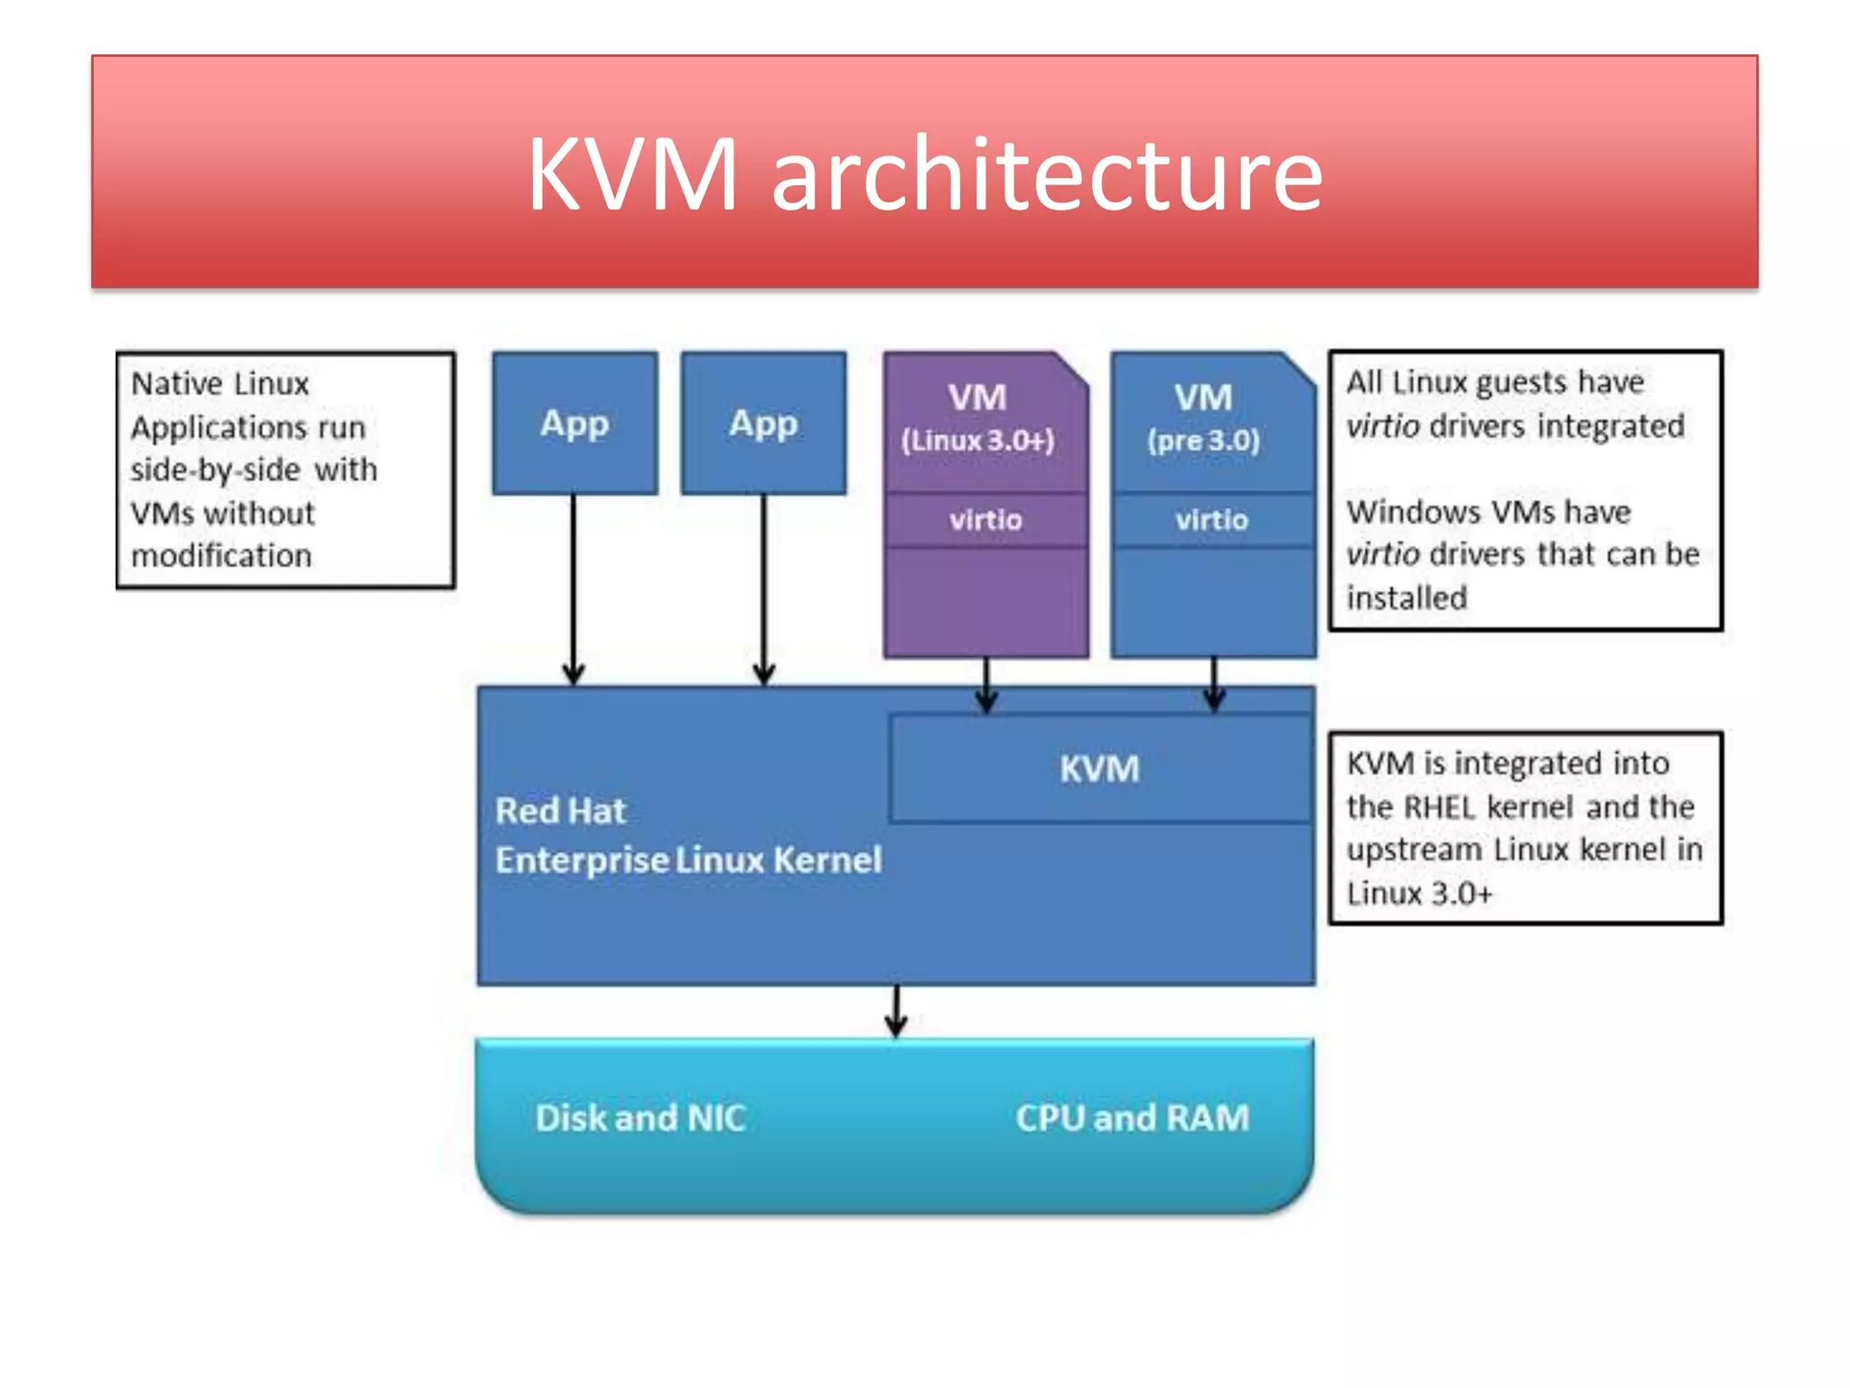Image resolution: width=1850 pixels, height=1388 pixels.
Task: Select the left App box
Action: point(575,423)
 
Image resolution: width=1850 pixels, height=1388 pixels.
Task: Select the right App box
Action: point(763,423)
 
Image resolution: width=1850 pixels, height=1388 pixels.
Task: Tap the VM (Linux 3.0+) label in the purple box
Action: point(977,417)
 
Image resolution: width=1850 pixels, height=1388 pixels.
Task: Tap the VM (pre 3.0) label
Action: point(1203,417)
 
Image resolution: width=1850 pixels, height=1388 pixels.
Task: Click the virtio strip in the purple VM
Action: point(985,520)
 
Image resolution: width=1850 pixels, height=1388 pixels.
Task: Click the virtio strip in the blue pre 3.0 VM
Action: point(1211,520)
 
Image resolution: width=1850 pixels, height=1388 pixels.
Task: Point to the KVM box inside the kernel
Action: point(1099,769)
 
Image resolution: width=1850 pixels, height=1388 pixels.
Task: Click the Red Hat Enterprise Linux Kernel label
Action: point(687,835)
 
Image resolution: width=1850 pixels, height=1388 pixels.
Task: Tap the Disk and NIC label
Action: point(640,1118)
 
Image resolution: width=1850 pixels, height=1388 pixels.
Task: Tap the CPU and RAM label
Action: point(1132,1118)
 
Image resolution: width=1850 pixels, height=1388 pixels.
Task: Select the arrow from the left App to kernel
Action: point(574,587)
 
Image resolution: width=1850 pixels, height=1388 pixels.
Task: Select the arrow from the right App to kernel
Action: point(763,587)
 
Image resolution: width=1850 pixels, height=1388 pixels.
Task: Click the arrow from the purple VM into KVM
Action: point(986,685)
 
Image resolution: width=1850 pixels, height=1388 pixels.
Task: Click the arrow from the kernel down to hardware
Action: point(896,1010)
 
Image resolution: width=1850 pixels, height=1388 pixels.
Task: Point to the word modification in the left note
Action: point(221,556)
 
